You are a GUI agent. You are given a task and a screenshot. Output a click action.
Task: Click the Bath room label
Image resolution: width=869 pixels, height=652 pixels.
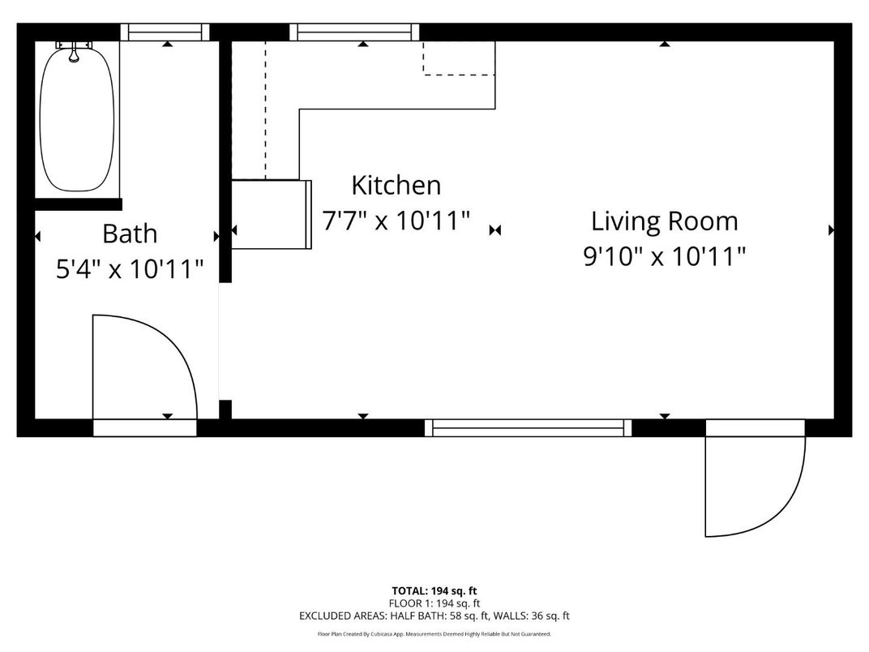[x=129, y=234]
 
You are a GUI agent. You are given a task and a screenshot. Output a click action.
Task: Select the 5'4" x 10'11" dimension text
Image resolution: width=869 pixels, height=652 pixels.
[x=129, y=269]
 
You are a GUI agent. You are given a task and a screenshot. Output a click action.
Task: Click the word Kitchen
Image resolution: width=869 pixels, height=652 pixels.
[x=396, y=185]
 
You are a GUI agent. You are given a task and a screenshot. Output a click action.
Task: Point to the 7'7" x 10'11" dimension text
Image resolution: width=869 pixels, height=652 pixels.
[x=396, y=221]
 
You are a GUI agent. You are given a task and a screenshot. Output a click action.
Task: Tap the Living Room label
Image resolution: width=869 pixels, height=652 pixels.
[x=664, y=221]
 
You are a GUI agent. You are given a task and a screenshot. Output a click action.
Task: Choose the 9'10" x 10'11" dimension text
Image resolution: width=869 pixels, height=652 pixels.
[x=664, y=256]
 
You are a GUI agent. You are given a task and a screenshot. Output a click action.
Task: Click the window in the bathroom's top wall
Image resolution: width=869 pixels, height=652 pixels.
[x=165, y=32]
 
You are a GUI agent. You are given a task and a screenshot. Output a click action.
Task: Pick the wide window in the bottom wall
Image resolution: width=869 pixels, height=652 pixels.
[x=528, y=427]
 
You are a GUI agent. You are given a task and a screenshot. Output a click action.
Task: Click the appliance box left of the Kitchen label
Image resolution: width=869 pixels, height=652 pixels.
[x=272, y=214]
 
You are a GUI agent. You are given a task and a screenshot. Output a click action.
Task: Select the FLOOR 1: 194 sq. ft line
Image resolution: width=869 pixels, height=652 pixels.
[x=434, y=603]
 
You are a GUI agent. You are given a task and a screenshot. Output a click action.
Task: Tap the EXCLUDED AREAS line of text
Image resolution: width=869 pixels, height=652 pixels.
[x=434, y=616]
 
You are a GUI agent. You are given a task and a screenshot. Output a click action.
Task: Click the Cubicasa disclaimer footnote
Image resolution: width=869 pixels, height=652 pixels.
[x=434, y=634]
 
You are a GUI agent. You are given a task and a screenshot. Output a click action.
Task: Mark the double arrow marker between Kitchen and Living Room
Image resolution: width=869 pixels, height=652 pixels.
[x=495, y=231]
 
